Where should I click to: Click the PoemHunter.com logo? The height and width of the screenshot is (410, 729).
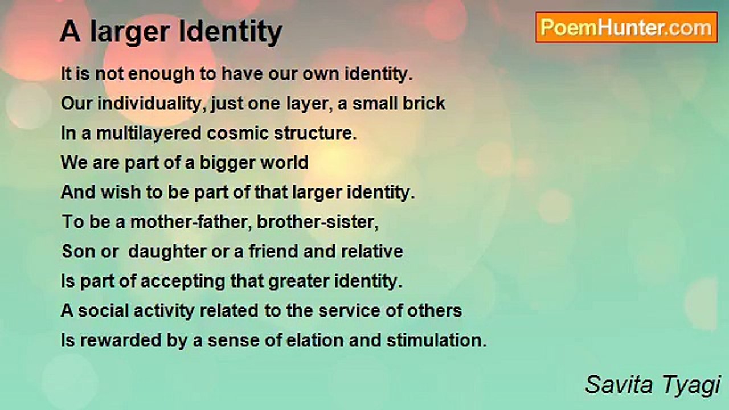click(626, 27)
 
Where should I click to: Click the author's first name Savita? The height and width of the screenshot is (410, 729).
click(619, 384)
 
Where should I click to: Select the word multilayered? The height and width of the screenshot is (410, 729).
click(149, 134)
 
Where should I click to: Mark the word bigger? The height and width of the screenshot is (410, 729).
click(227, 163)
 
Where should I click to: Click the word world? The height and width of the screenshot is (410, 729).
click(284, 162)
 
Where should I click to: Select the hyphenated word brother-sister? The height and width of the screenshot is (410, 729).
click(318, 222)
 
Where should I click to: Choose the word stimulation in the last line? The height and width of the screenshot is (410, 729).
click(436, 341)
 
